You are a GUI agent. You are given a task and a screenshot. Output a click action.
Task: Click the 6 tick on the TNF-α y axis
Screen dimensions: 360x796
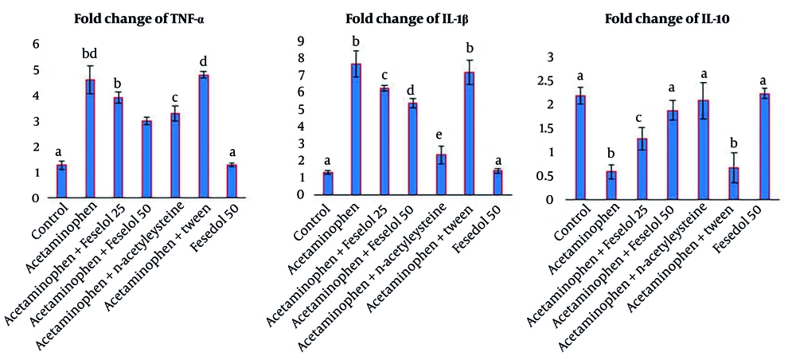click(36, 45)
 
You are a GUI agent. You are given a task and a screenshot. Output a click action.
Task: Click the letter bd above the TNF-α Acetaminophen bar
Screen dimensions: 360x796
click(90, 54)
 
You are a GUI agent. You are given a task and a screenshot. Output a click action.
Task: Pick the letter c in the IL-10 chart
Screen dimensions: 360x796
click(618, 117)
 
